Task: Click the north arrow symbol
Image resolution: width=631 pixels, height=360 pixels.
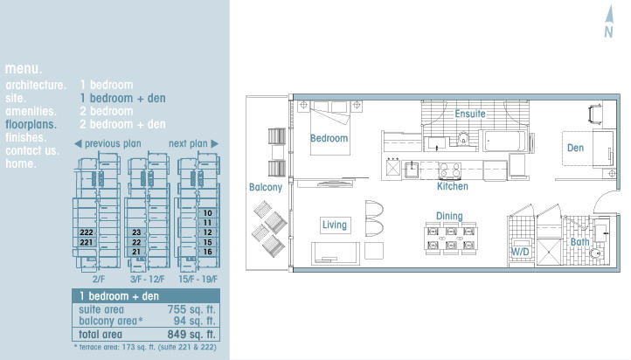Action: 609,22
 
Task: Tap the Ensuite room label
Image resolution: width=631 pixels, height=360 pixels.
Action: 470,114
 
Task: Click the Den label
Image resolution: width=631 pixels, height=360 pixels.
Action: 575,148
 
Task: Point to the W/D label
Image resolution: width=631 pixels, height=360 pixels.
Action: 520,253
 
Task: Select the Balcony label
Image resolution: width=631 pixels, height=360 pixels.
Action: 266,188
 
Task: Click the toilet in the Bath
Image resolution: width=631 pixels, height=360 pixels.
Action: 595,253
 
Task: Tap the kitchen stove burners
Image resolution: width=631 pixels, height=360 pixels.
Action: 449,170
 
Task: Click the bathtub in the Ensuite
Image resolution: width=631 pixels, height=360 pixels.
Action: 504,142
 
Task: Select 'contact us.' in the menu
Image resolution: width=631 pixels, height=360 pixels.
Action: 32,151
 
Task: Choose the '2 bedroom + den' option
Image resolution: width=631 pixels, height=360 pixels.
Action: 122,124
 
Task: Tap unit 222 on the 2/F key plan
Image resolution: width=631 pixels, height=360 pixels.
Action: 87,232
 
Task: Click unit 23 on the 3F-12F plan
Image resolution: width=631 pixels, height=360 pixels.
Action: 136,232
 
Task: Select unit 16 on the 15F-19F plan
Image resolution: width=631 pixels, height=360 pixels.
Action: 208,252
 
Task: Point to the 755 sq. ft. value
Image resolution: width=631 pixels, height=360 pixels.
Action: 191,309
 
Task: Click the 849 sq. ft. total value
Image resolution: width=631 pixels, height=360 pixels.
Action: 191,335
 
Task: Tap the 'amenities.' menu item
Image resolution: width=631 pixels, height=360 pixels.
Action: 31,112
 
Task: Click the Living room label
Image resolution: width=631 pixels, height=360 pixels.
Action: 335,225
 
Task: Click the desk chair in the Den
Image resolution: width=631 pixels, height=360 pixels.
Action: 595,114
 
